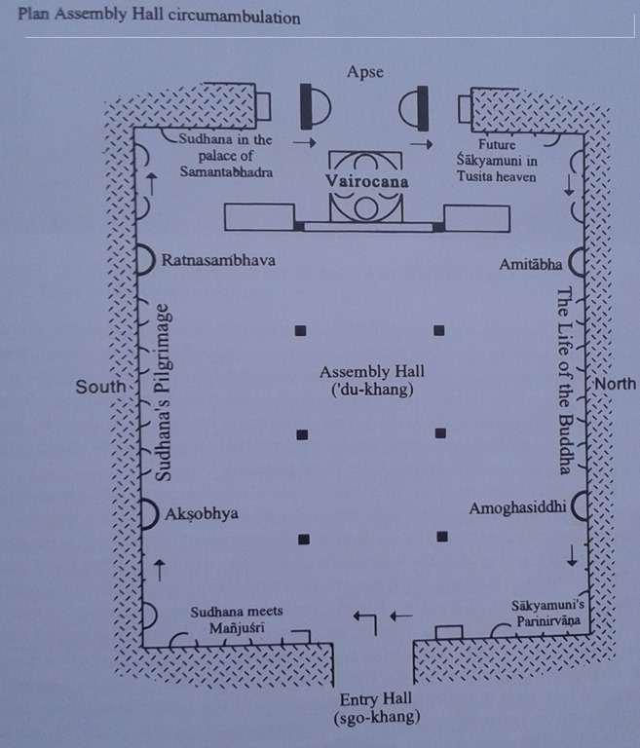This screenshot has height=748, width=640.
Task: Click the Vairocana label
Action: [368, 181]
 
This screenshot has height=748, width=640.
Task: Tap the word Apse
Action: [366, 72]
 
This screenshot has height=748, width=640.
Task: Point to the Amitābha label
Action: [530, 264]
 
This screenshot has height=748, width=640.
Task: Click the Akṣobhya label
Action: [203, 513]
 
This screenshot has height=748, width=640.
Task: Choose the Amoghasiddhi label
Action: [517, 508]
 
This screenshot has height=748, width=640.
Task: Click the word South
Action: [100, 387]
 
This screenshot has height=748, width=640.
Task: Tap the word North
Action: [615, 384]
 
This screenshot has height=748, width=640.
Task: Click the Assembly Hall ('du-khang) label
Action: [371, 381]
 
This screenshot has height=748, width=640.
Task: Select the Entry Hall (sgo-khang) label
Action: [375, 708]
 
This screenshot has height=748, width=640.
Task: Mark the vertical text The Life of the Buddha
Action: [562, 380]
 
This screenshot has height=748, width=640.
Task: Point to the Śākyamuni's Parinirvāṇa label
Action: [548, 613]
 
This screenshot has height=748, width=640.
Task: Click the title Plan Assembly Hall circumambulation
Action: [159, 18]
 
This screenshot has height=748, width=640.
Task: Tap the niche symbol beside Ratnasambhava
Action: [144, 259]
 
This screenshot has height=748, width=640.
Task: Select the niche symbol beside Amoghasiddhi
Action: [581, 506]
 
